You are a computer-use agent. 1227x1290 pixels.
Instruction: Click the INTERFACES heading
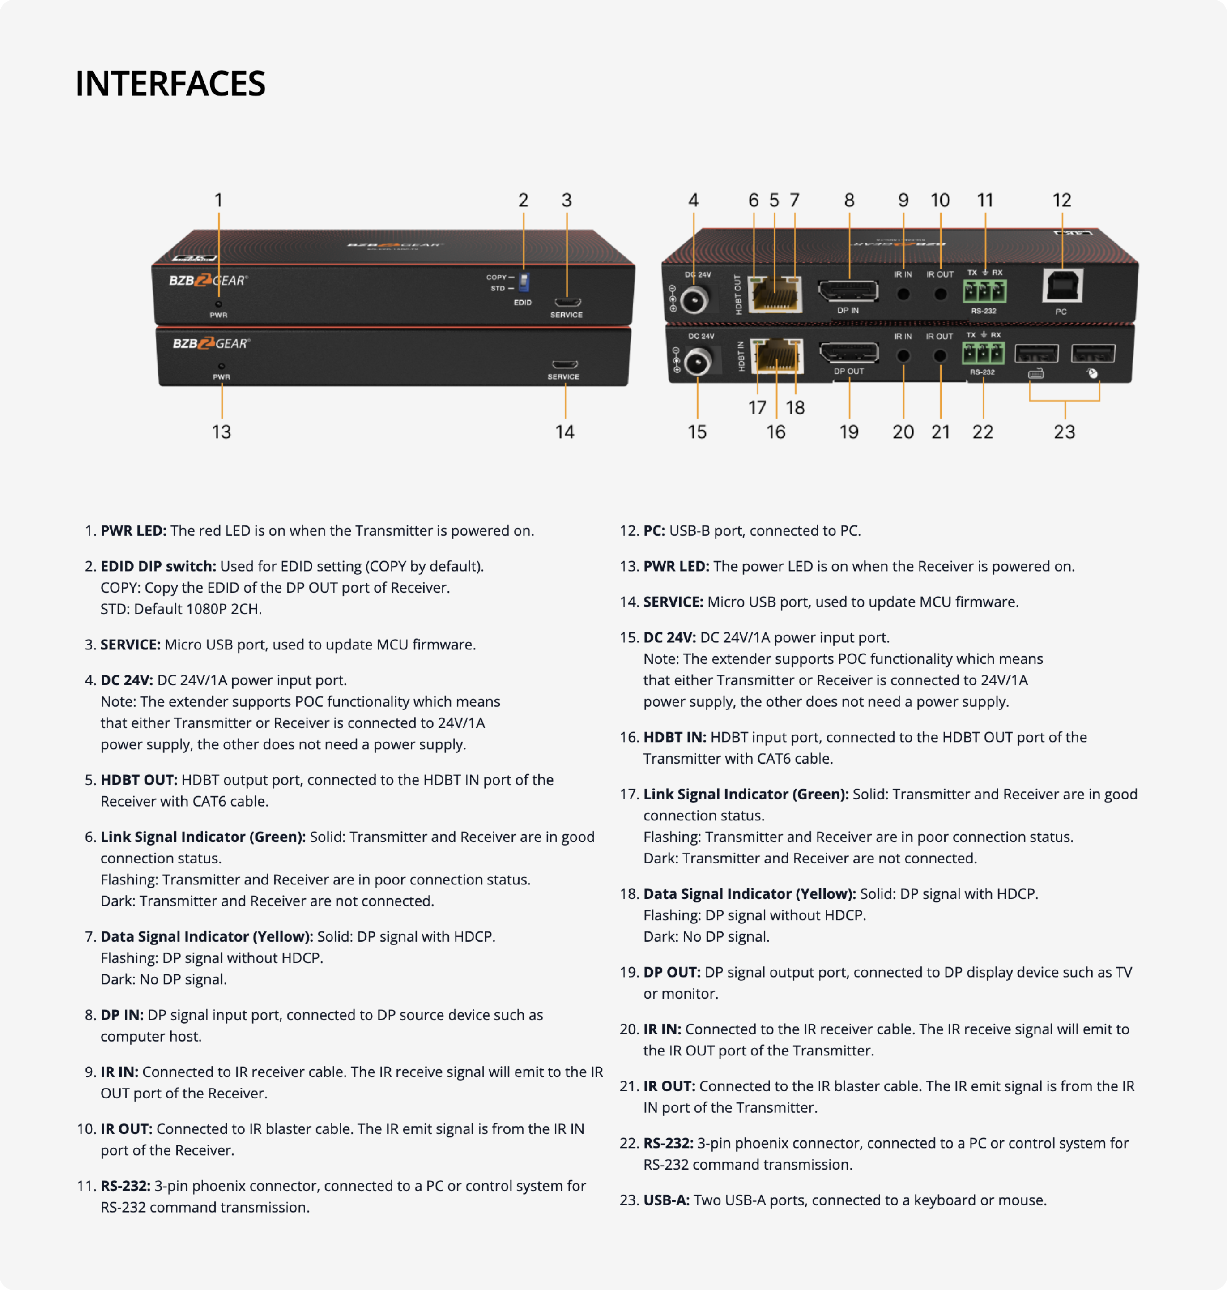(170, 84)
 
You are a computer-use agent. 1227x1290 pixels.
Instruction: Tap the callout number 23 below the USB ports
(1064, 432)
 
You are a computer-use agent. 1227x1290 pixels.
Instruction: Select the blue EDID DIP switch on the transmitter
(524, 282)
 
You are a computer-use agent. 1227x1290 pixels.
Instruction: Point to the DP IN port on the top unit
(848, 290)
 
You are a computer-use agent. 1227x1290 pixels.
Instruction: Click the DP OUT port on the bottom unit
(849, 353)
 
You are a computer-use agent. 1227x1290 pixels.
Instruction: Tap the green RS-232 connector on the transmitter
(984, 291)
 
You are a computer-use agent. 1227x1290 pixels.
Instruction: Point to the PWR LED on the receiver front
(222, 366)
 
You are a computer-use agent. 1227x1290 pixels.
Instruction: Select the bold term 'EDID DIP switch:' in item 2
(158, 567)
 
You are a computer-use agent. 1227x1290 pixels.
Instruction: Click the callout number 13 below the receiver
(221, 432)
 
